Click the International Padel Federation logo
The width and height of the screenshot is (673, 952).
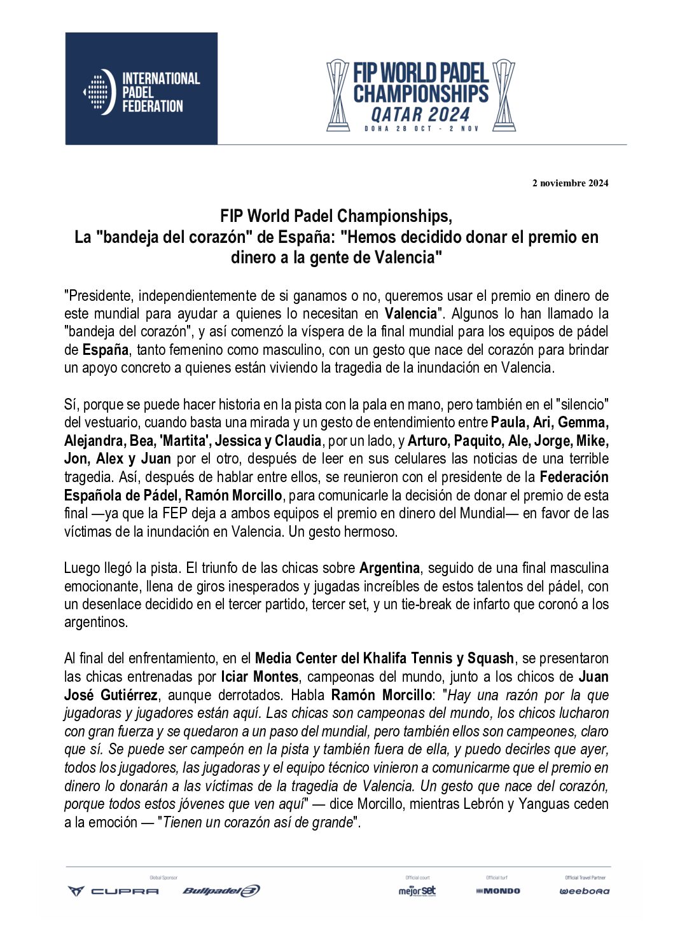click(141, 89)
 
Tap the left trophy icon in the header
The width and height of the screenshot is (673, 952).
click(338, 95)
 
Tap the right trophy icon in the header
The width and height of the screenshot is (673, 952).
click(504, 95)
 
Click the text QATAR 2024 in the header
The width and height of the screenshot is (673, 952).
click(420, 115)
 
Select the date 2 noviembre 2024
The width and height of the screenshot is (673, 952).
click(570, 183)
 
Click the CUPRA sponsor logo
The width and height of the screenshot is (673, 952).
click(113, 891)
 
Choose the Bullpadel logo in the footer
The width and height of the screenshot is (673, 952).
click(221, 891)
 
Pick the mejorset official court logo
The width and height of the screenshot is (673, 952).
click(417, 890)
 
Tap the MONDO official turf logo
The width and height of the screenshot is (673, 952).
click(497, 891)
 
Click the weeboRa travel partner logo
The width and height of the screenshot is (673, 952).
click(584, 891)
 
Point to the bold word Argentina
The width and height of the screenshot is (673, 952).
click(389, 568)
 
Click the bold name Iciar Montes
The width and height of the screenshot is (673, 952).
click(260, 677)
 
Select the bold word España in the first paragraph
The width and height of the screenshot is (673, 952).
click(106, 350)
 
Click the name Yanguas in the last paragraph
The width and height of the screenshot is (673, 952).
click(545, 804)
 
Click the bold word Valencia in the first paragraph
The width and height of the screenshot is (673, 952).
click(410, 314)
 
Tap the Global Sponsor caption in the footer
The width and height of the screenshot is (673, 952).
click(163, 878)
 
